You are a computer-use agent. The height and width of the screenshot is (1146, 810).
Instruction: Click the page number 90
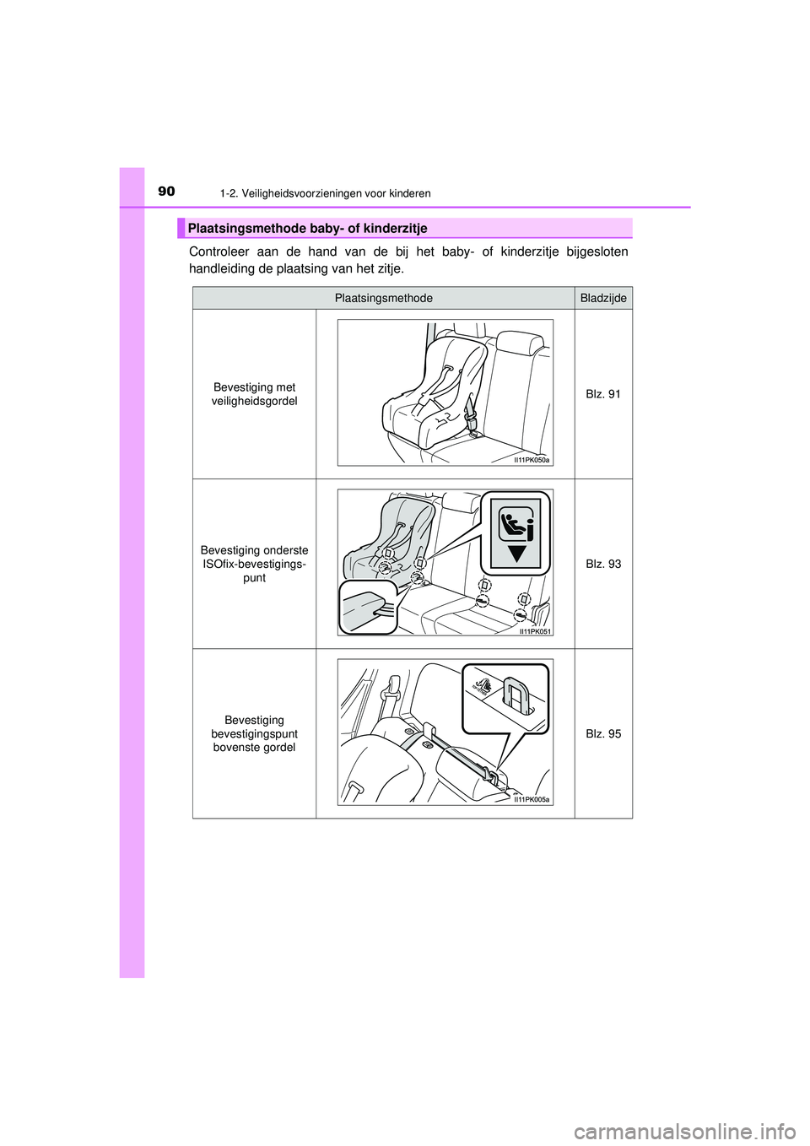[166, 192]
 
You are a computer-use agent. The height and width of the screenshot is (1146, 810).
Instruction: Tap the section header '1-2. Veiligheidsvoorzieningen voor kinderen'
[325, 193]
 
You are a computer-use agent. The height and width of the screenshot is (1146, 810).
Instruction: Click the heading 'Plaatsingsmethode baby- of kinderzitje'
[307, 229]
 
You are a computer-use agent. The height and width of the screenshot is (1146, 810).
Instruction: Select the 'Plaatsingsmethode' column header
[383, 298]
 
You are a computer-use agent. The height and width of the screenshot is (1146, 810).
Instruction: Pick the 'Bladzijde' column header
[603, 298]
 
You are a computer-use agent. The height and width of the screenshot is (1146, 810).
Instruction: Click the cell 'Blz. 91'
[603, 394]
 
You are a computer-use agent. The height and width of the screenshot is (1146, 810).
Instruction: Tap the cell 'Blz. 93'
[603, 564]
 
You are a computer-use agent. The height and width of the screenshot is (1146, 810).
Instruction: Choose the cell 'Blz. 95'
[603, 734]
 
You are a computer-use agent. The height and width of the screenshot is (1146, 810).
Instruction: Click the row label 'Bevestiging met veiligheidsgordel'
[254, 394]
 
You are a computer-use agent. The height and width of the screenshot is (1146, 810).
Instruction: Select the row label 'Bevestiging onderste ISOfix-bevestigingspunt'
[254, 564]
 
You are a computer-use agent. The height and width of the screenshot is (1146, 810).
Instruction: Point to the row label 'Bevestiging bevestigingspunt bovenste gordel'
[254, 734]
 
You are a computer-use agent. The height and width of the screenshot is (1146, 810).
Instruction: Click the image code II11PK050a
[532, 460]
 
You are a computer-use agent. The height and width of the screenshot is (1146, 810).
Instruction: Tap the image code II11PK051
[535, 631]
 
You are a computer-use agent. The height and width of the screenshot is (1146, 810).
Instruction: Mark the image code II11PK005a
[532, 799]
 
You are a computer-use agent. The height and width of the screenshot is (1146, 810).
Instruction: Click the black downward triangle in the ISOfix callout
[516, 554]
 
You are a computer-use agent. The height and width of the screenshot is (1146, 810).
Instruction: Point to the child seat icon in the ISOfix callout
[516, 524]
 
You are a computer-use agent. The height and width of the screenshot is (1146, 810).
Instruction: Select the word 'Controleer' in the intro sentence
[219, 251]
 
